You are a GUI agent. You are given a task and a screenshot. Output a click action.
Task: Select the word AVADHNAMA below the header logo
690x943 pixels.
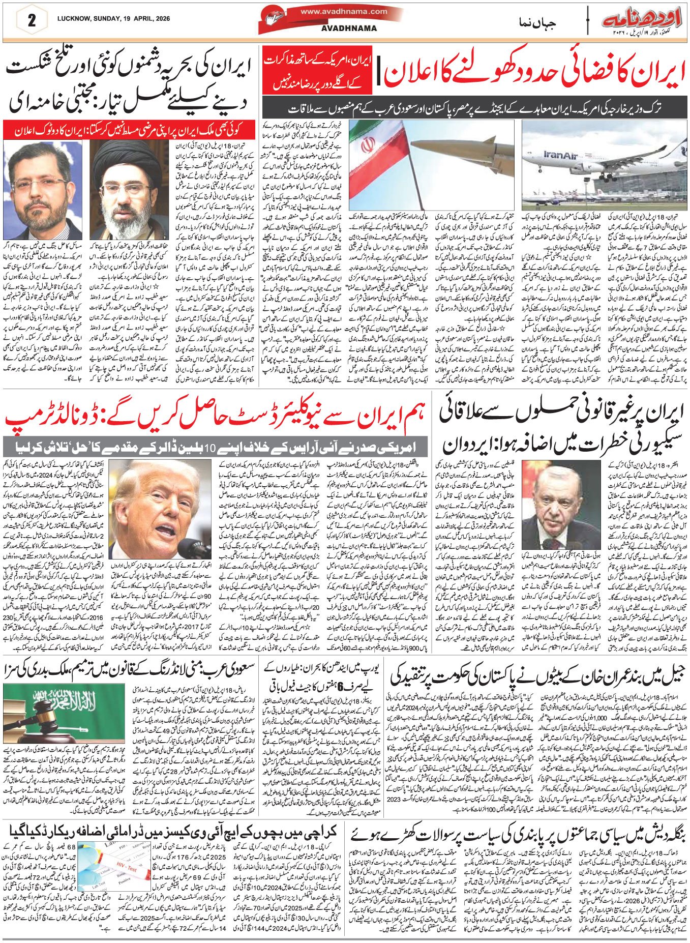[x=349, y=28]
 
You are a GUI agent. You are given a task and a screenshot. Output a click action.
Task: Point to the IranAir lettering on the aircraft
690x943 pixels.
[x=559, y=155]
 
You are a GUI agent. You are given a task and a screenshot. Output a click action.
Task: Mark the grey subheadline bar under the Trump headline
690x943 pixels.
[x=213, y=448]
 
